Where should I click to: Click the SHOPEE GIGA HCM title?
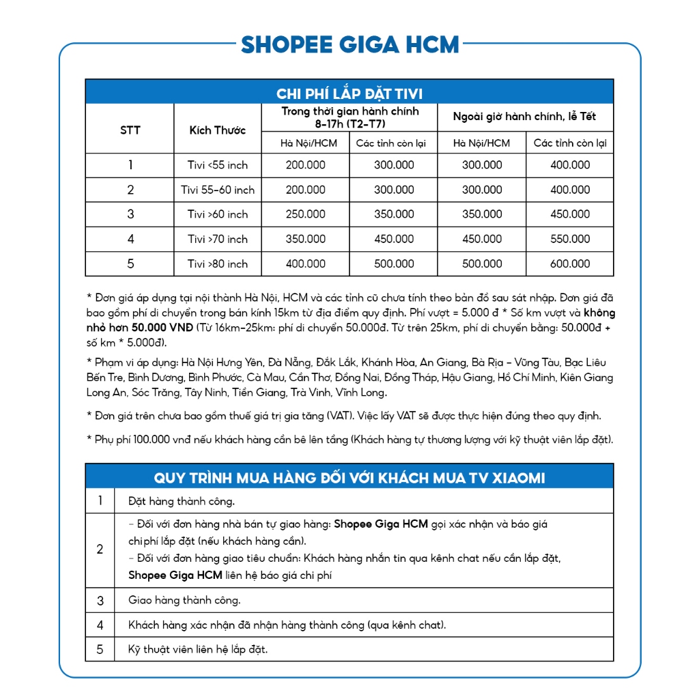click(x=349, y=45)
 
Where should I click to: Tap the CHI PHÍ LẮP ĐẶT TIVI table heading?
click(x=349, y=94)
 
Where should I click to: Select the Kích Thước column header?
click(x=217, y=130)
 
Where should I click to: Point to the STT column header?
click(x=130, y=130)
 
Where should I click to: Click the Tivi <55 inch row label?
click(x=217, y=165)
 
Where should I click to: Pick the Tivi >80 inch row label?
click(x=217, y=263)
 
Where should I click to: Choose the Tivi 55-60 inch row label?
click(x=217, y=190)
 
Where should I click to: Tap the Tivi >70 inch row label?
click(x=217, y=239)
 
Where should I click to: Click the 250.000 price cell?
click(x=306, y=214)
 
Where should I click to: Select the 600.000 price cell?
click(x=570, y=263)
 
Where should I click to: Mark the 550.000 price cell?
click(x=570, y=239)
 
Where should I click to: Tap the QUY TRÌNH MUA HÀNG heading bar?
click(x=349, y=477)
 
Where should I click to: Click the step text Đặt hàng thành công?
click(x=182, y=502)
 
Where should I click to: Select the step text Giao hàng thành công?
click(x=184, y=601)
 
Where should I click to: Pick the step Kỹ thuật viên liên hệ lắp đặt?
click(x=198, y=649)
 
